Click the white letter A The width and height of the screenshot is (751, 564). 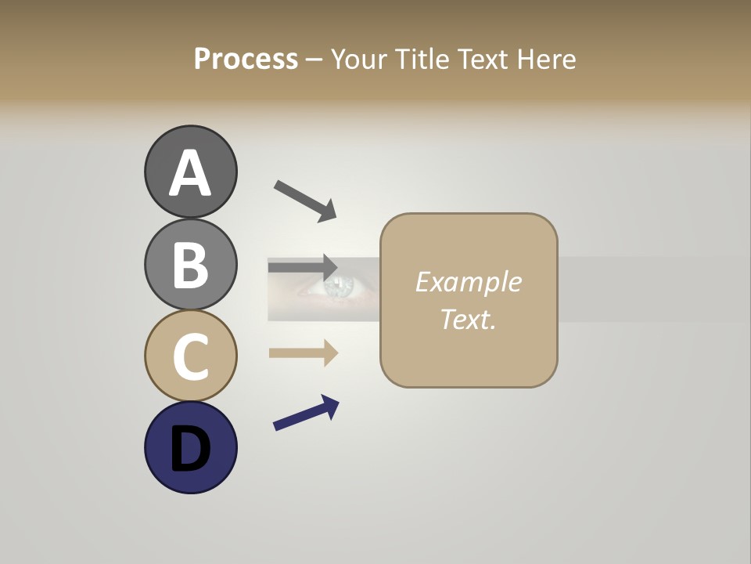point(190,174)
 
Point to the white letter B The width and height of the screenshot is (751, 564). point(190,265)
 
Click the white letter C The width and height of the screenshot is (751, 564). point(190,357)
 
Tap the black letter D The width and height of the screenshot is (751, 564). point(190,449)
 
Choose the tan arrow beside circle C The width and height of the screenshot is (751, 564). point(304,353)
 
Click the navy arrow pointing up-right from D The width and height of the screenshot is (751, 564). point(306,413)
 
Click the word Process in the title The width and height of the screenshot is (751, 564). point(246,60)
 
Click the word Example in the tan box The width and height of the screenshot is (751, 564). point(468,282)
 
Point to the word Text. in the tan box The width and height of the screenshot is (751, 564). point(468,319)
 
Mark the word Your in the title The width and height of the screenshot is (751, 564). point(360,60)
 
